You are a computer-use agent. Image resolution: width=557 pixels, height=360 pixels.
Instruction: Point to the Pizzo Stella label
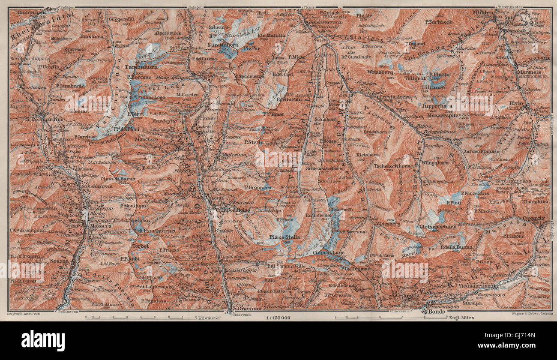coord(284,237)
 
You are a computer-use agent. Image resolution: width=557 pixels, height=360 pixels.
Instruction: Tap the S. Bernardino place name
coord(44,119)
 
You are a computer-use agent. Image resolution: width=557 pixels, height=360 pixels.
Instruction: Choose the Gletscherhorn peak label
coord(437,226)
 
